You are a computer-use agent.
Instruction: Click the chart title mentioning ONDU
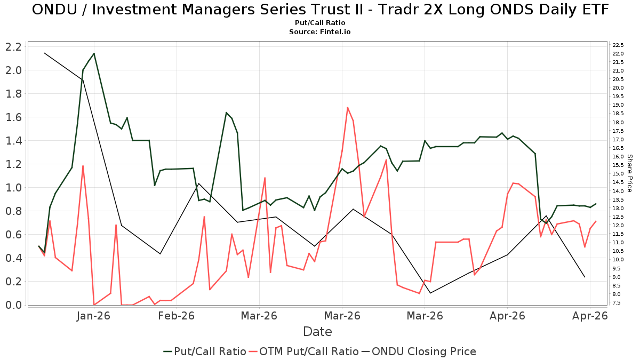(x=320, y=10)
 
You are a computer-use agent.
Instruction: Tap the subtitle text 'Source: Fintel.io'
(x=319, y=31)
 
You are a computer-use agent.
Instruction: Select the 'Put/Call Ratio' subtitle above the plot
(x=320, y=22)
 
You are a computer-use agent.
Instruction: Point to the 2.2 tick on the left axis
(x=13, y=47)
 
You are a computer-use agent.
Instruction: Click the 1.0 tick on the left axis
(x=13, y=188)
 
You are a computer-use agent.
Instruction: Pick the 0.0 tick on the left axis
(x=13, y=305)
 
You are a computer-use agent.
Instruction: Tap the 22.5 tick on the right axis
(x=618, y=45)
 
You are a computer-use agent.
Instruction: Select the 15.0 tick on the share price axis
(x=618, y=174)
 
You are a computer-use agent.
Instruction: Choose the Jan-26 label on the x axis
(x=93, y=316)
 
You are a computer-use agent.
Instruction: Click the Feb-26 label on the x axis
(x=177, y=316)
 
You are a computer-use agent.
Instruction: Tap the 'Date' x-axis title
(x=317, y=332)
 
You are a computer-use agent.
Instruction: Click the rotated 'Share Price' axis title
(x=630, y=173)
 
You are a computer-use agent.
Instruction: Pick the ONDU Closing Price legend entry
(x=419, y=351)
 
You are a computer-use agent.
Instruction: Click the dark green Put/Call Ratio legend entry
(x=205, y=351)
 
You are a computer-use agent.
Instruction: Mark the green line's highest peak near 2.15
(x=94, y=53)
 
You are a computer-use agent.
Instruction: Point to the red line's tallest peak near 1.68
(x=347, y=107)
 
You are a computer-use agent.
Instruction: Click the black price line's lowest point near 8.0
(x=430, y=293)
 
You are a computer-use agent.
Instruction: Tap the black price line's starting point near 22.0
(x=44, y=53)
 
